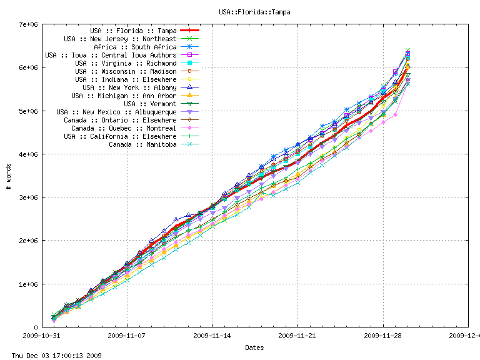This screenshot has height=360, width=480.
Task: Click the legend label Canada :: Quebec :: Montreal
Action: coord(124,128)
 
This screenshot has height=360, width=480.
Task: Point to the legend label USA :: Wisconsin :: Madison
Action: coord(126,71)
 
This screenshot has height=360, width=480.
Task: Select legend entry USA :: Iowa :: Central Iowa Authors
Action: coord(114,55)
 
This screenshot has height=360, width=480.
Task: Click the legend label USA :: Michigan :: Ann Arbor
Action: coord(124,96)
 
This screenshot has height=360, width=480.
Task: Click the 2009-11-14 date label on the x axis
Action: coord(212,336)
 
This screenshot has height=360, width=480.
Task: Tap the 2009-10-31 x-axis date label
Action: coord(42,336)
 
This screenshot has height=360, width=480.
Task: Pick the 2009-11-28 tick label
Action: coord(383,336)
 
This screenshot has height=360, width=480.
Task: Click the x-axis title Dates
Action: coord(254,347)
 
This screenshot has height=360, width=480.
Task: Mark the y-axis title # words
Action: coord(8,176)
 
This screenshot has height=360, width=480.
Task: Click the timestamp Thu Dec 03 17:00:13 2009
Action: coord(52,356)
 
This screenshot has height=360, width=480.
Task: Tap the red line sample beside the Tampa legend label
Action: coord(189,31)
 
